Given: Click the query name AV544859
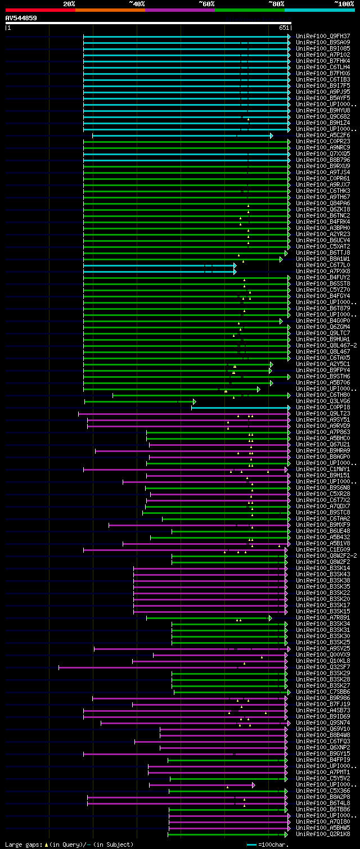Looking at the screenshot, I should click(x=21, y=18).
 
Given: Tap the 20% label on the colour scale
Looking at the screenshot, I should click(x=69, y=4).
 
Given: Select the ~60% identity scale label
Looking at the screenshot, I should click(x=206, y=4).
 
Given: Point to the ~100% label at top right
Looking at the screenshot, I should click(x=344, y=4).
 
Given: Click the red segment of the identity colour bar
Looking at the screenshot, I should click(x=40, y=10).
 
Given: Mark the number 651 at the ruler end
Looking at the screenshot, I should click(x=283, y=28).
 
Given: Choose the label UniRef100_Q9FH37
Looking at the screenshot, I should click(x=323, y=37).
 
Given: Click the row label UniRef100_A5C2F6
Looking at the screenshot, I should click(x=323, y=136).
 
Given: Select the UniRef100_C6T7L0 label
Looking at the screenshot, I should click(x=323, y=265).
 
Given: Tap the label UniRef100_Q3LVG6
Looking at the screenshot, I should click(x=323, y=401).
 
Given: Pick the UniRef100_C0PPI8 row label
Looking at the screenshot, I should click(x=323, y=408).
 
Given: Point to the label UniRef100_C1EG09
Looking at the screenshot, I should click(x=323, y=550).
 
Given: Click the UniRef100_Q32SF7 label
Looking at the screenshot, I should click(x=323, y=667).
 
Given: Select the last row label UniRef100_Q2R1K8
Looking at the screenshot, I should click(x=323, y=834).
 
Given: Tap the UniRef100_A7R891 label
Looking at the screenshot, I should click(x=323, y=618).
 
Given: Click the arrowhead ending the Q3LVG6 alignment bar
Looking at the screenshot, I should click(x=194, y=401).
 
